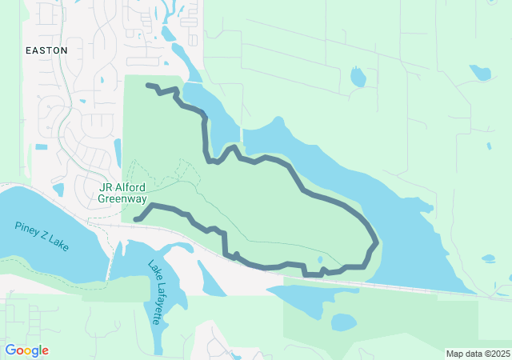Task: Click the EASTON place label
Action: (x=46, y=50)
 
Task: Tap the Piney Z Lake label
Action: (x=42, y=236)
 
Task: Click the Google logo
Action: (x=26, y=350)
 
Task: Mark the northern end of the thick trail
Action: (x=148, y=85)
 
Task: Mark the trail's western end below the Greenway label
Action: (x=136, y=219)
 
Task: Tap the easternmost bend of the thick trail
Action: (x=375, y=241)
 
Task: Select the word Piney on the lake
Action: (x=26, y=228)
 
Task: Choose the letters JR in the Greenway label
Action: (x=104, y=187)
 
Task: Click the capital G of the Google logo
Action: (x=10, y=350)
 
